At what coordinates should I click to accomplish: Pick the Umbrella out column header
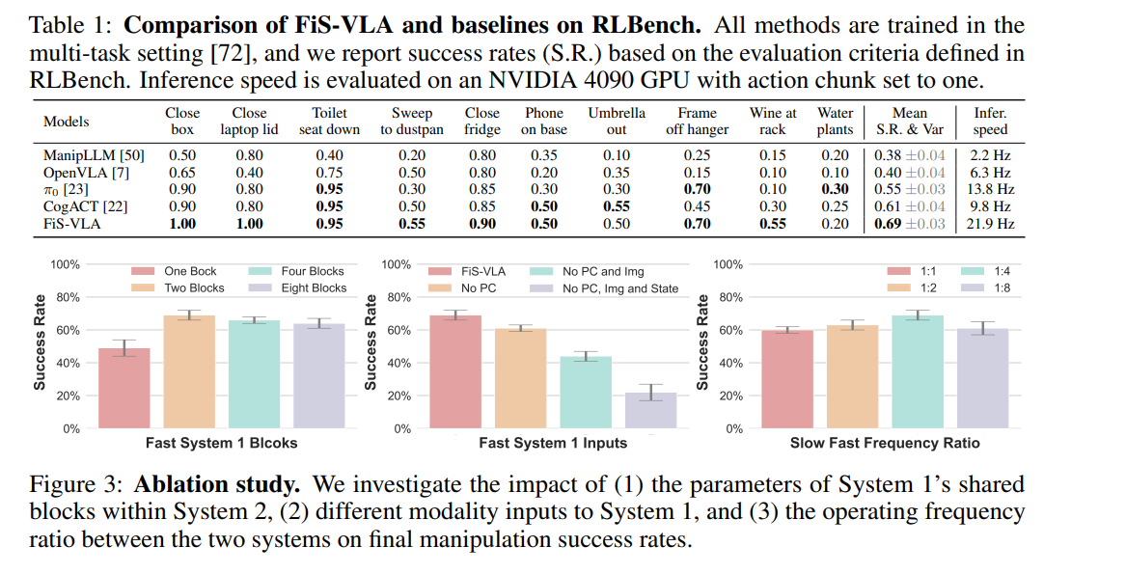pos(617,121)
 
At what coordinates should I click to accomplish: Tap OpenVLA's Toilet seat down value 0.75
pos(331,173)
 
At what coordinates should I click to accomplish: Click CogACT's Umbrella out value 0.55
pos(617,206)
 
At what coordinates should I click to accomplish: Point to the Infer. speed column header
pos(990,121)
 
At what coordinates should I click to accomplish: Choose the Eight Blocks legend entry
pos(314,287)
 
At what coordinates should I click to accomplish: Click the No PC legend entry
pos(479,287)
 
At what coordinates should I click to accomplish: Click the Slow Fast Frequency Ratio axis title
pos(885,443)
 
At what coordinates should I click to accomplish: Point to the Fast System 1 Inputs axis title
pos(553,443)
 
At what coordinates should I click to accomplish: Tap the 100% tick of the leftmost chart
pos(65,264)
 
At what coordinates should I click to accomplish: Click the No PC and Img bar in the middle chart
pos(586,392)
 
